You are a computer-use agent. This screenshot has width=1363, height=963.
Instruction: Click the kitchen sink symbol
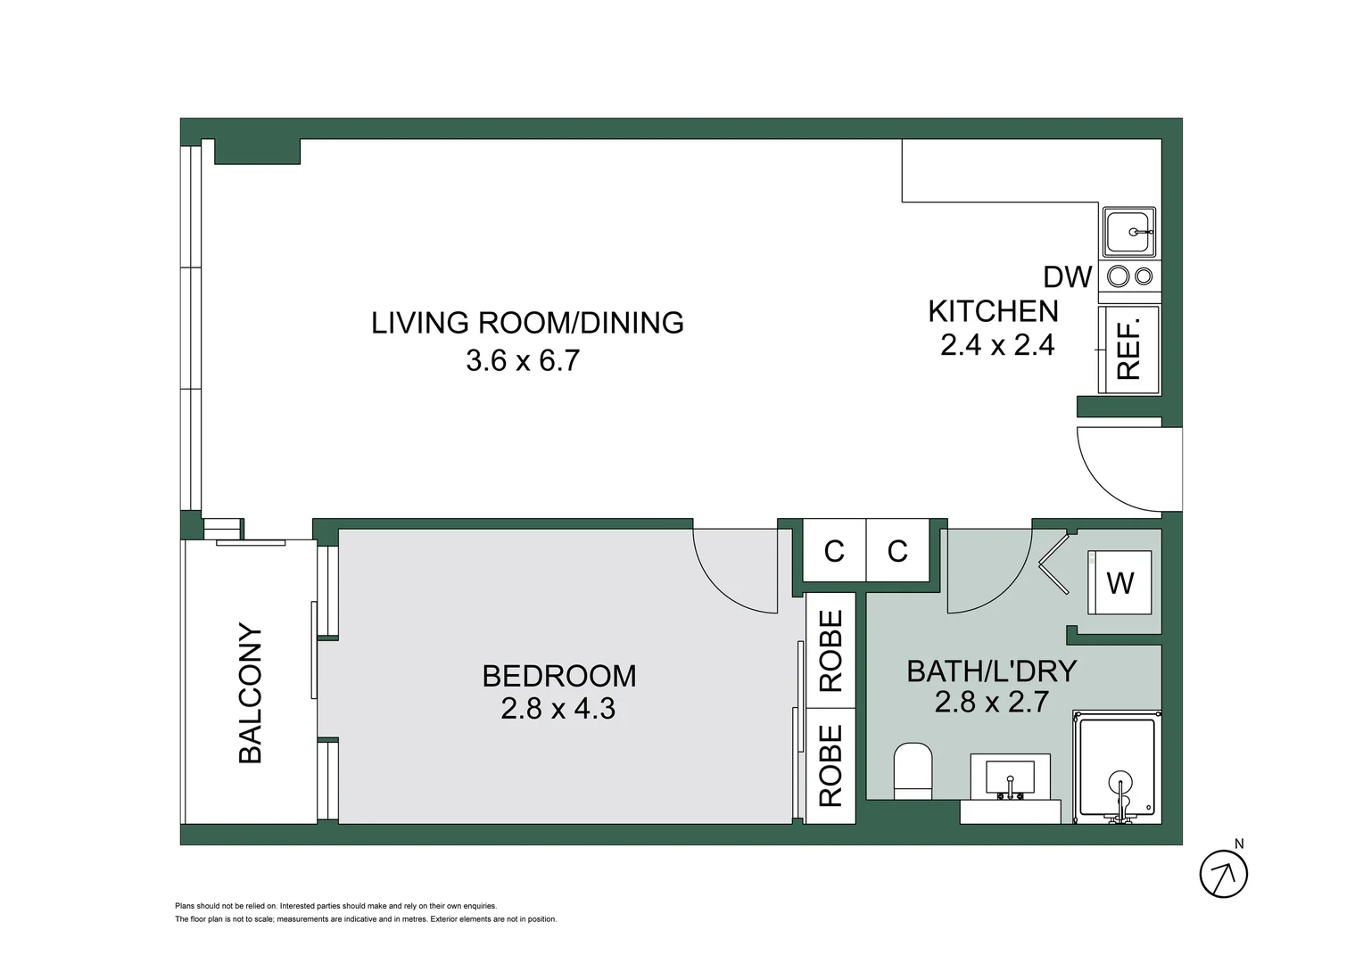pyautogui.click(x=1129, y=232)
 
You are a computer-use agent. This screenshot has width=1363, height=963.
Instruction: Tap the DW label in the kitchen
pyautogui.click(x=1067, y=277)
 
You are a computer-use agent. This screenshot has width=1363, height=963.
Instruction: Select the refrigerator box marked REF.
pyautogui.click(x=1129, y=350)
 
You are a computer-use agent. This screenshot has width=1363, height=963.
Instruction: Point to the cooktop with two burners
pyautogui.click(x=1129, y=276)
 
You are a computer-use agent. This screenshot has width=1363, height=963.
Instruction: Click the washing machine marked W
pyautogui.click(x=1119, y=582)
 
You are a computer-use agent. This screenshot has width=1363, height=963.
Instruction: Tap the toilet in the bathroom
pyautogui.click(x=913, y=770)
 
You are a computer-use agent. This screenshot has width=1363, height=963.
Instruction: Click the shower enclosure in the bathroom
pyautogui.click(x=1118, y=767)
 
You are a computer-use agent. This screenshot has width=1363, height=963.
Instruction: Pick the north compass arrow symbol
pyautogui.click(x=1223, y=874)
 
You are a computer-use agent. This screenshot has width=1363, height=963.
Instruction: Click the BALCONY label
pyautogui.click(x=251, y=694)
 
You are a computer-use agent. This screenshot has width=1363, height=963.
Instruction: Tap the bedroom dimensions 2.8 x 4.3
pyautogui.click(x=558, y=709)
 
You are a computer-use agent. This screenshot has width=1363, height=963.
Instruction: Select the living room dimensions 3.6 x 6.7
pyautogui.click(x=524, y=360)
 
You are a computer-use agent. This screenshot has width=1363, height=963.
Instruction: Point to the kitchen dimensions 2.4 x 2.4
pyautogui.click(x=997, y=345)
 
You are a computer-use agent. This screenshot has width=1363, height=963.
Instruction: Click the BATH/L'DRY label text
pyautogui.click(x=991, y=671)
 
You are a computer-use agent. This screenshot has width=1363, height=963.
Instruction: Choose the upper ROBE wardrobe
pyautogui.click(x=830, y=651)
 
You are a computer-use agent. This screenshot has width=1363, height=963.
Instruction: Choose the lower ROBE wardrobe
pyautogui.click(x=830, y=765)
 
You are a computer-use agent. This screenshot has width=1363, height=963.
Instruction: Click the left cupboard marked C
pyautogui.click(x=834, y=551)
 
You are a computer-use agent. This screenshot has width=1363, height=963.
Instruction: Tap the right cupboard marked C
pyautogui.click(x=897, y=551)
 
